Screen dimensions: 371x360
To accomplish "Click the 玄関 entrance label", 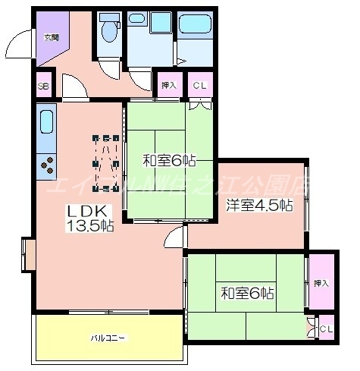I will [x=51, y=36].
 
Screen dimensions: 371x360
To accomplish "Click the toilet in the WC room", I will [x=109, y=30].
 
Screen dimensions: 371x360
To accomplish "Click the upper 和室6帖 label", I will [x=170, y=160].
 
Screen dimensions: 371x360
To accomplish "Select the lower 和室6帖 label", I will [x=247, y=292].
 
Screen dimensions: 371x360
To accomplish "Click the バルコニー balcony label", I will [x=108, y=337].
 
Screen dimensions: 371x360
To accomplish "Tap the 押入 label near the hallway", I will [x=168, y=86].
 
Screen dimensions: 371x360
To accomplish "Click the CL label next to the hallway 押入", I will [x=199, y=86].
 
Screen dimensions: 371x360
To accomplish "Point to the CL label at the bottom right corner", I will [x=325, y=328].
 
